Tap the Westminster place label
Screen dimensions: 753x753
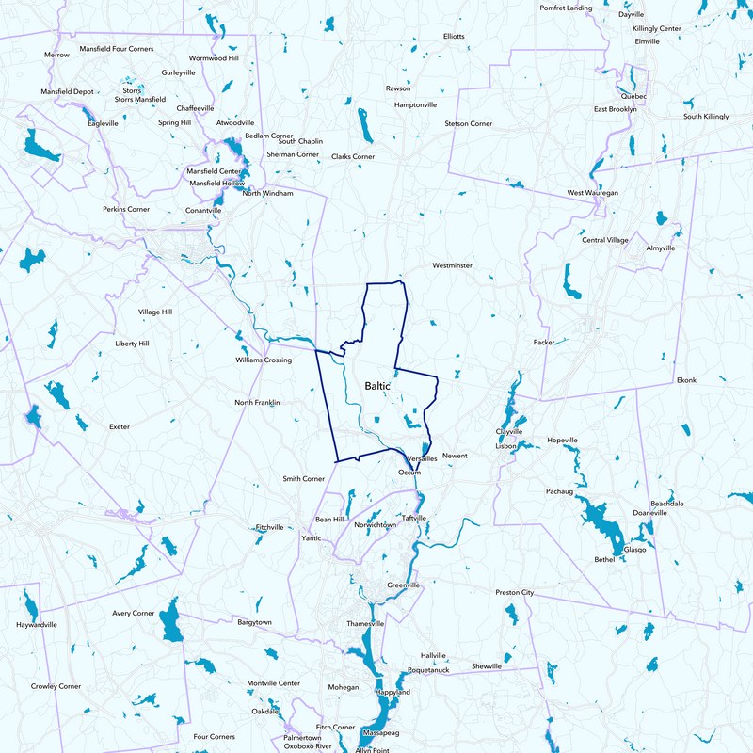click(x=452, y=265)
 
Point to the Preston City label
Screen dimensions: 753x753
click(x=514, y=592)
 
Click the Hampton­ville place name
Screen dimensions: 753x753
click(x=415, y=104)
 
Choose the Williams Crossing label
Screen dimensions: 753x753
click(x=263, y=360)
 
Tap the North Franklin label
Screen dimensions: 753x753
click(x=257, y=403)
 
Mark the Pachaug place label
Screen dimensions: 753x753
click(x=559, y=490)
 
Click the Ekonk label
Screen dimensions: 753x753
click(x=686, y=380)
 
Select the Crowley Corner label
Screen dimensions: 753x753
click(x=56, y=686)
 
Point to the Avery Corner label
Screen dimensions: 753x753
click(x=134, y=613)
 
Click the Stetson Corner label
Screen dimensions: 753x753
click(x=469, y=123)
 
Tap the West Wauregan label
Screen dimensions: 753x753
click(x=592, y=192)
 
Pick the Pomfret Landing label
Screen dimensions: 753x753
click(x=566, y=8)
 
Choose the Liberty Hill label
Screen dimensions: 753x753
click(x=132, y=344)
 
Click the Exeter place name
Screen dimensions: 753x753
click(x=120, y=426)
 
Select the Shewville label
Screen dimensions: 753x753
click(x=487, y=665)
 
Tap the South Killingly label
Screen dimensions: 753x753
click(x=706, y=116)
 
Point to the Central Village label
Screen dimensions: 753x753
click(x=604, y=240)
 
